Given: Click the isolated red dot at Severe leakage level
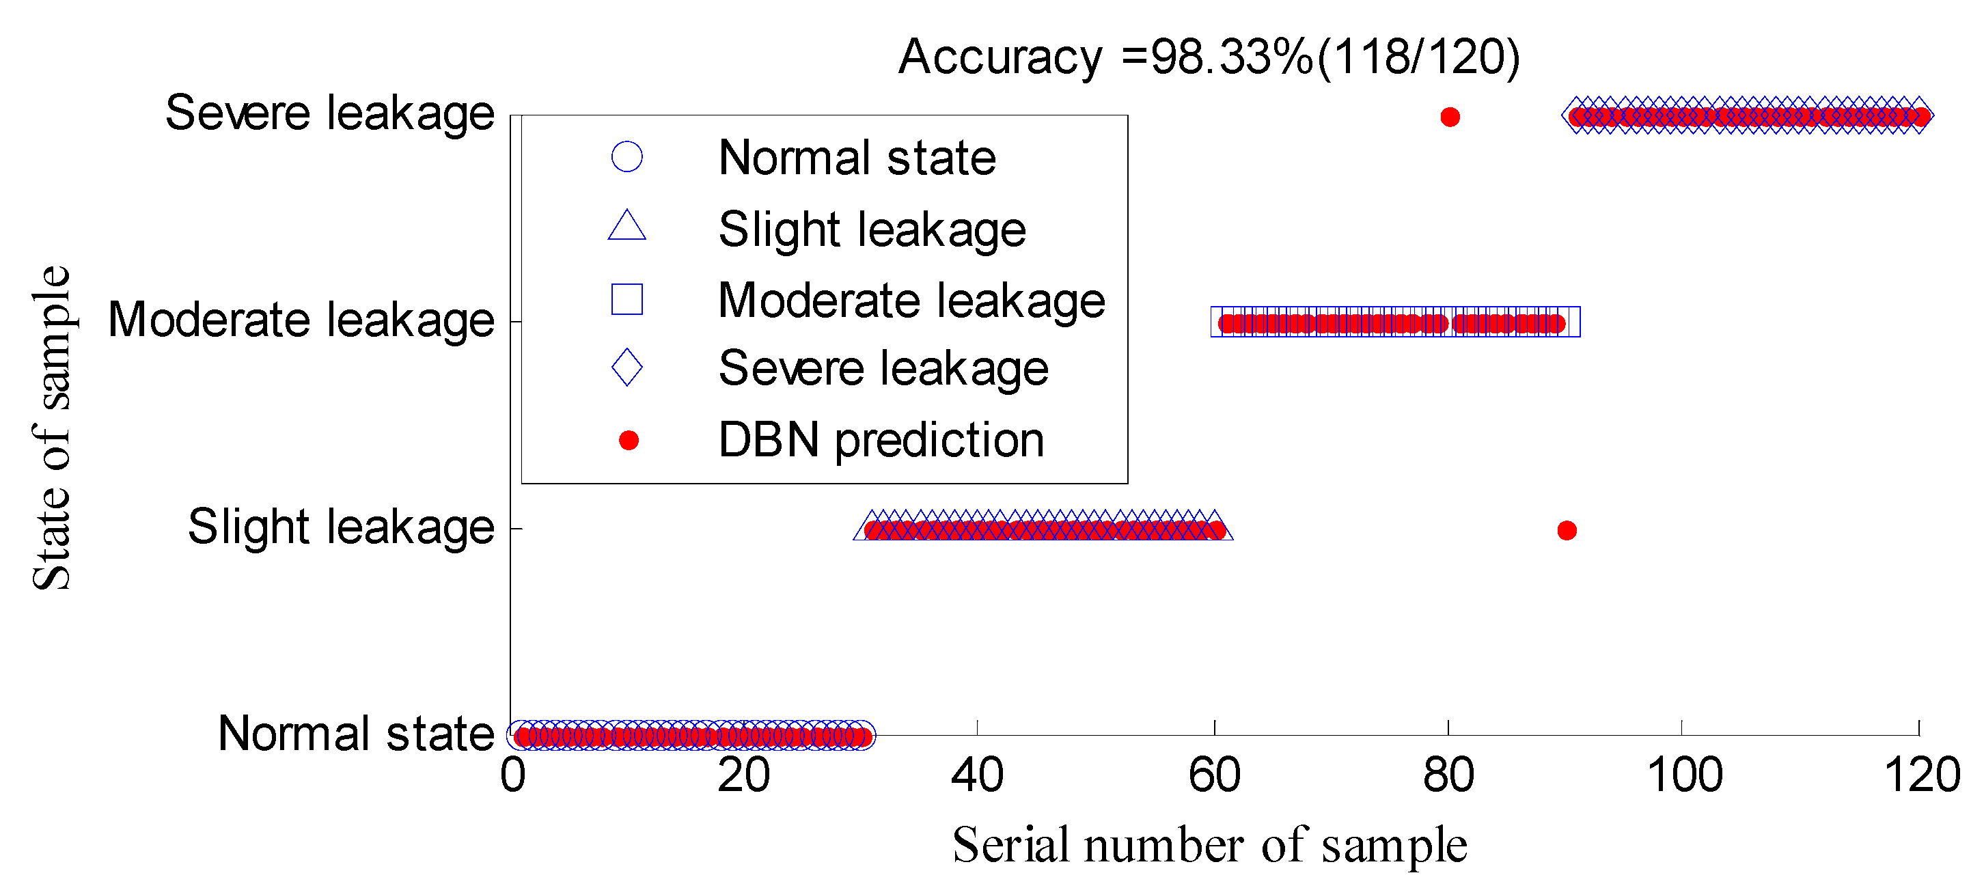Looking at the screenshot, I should (x=1450, y=117).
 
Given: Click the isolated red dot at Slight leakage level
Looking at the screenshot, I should (x=1567, y=530).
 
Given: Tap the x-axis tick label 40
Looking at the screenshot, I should (x=976, y=775).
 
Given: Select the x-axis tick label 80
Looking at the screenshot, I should (x=1448, y=775).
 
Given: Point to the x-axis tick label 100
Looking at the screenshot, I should (x=1683, y=775).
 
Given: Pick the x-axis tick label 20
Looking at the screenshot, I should (x=743, y=775).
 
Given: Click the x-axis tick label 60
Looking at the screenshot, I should (x=1214, y=775).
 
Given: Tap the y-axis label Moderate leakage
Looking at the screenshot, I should (x=301, y=320).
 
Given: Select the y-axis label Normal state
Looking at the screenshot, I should (x=355, y=734).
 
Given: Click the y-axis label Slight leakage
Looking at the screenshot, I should (x=340, y=527).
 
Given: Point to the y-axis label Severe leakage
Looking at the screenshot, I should (x=329, y=113).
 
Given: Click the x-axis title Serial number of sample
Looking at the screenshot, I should (x=1209, y=845).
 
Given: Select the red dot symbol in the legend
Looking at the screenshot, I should (x=629, y=441).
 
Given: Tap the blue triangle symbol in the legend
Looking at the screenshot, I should (x=627, y=226).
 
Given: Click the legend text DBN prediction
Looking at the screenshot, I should (x=881, y=441).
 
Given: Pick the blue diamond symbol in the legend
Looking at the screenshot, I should (x=627, y=368).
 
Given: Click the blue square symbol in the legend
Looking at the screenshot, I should (x=627, y=299).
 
